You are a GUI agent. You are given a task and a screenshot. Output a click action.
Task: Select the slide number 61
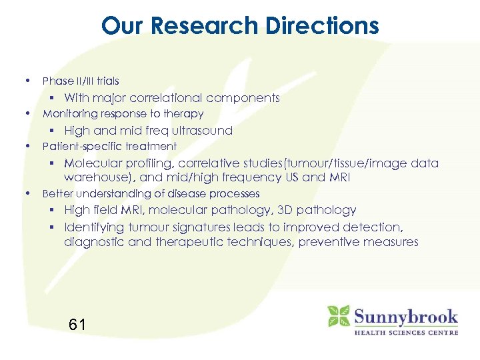(x=77, y=325)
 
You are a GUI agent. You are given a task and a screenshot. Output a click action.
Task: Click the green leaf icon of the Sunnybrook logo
(x=339, y=315)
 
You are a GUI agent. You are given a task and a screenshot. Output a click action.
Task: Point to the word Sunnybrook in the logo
(x=405, y=316)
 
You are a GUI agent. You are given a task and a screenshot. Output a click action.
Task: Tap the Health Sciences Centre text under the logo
(x=405, y=332)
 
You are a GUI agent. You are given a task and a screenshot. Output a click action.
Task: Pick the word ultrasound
(x=200, y=131)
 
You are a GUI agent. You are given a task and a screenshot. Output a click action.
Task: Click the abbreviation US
(x=288, y=177)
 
